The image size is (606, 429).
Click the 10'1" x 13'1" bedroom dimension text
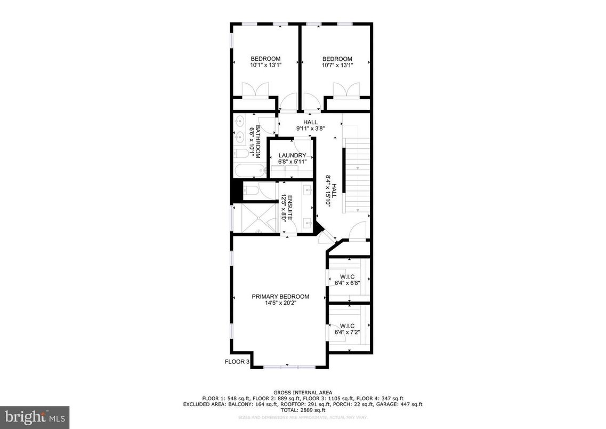(x=265, y=65)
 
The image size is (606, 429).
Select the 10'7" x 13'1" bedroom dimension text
(x=337, y=65)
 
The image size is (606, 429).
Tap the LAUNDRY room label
(x=292, y=155)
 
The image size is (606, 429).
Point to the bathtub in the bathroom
(x=249, y=171)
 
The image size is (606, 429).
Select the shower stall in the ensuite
(x=255, y=219)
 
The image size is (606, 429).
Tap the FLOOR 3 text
(x=237, y=361)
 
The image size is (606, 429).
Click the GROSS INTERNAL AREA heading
(x=302, y=393)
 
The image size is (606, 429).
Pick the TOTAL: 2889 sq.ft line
(x=302, y=410)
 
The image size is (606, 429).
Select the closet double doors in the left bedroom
(x=253, y=90)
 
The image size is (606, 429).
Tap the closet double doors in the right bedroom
(x=346, y=90)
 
